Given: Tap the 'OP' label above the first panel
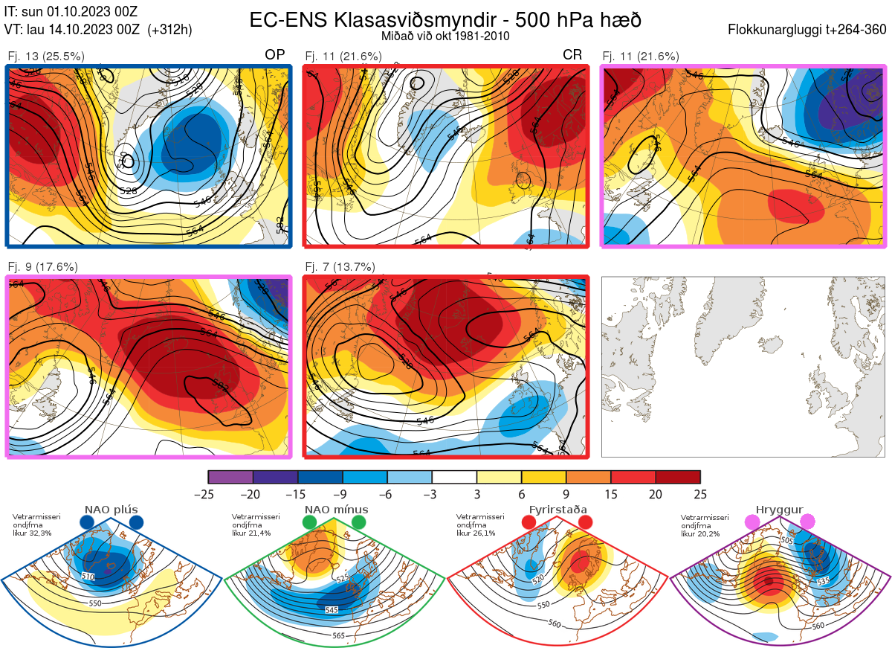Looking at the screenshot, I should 275,55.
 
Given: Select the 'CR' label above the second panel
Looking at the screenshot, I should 572,55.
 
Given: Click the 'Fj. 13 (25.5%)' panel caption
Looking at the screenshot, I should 46,56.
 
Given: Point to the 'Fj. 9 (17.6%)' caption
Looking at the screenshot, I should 43,267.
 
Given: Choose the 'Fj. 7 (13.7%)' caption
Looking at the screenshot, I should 340,267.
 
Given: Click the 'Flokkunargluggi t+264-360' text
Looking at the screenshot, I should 809,31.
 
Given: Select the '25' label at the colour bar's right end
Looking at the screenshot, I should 699,494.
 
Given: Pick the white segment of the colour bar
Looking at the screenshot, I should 454,477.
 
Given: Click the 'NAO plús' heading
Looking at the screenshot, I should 111,510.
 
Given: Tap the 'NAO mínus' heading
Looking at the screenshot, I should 336,510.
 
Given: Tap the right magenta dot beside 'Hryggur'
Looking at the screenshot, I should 807,522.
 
